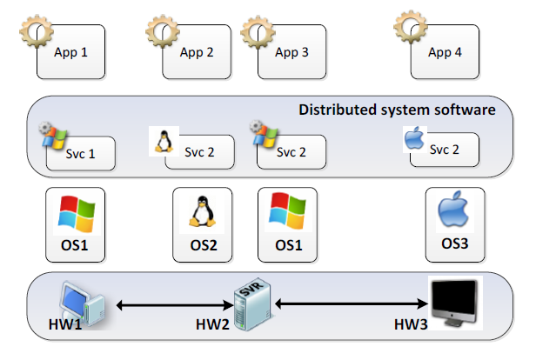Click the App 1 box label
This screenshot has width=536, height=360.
coord(70,52)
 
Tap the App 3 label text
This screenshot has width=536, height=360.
coord(291,52)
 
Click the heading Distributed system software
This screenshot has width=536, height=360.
coord(397,110)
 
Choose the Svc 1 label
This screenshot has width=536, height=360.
coord(80,154)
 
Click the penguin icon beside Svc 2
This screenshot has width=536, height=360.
coord(164,141)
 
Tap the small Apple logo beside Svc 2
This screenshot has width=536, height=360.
coord(414,138)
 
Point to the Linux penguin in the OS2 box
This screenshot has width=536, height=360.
coord(203,211)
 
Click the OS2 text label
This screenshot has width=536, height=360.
coord(204,245)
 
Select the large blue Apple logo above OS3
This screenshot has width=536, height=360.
coord(453,209)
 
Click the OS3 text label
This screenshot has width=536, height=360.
coord(454,243)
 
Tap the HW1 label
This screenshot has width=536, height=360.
coord(65,324)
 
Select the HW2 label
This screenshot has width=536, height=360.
coord(212,324)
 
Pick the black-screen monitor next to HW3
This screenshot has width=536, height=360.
coord(454,303)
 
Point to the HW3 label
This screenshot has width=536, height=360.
coord(411,324)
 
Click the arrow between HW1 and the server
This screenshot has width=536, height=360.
coord(175,305)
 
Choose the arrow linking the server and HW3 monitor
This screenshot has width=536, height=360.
coord(352,303)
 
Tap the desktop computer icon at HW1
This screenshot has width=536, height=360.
coord(83,303)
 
